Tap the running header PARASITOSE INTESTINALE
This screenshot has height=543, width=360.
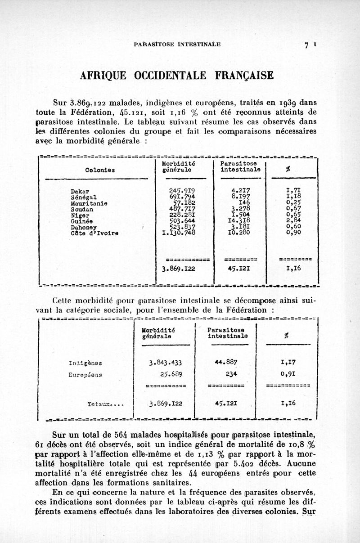pyautogui.click(x=177, y=44)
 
